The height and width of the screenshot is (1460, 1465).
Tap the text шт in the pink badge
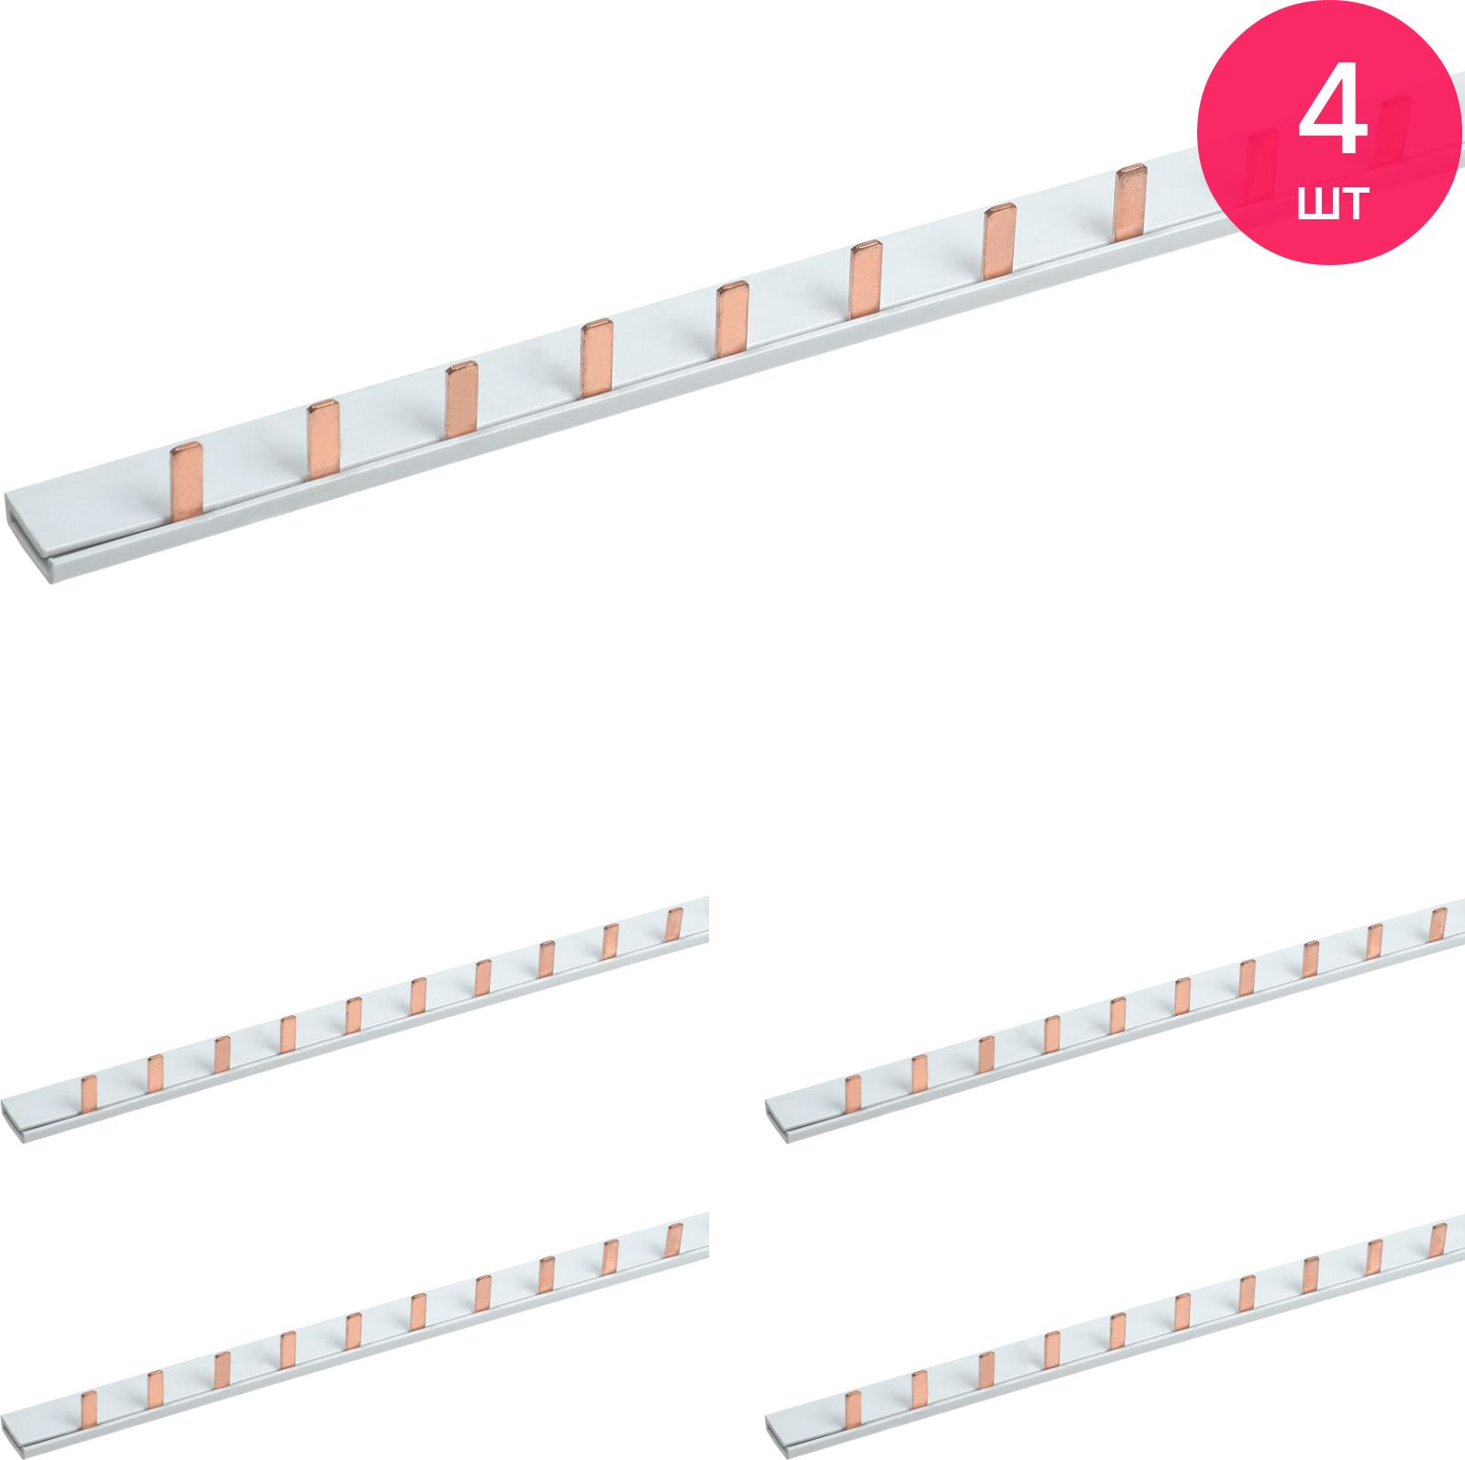tap(1334, 201)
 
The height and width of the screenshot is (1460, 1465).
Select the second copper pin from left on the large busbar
tap(323, 440)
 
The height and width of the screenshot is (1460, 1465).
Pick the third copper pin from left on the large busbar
tap(461, 399)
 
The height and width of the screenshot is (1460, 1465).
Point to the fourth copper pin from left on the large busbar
tap(596, 358)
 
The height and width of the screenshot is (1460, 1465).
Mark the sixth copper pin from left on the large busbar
tap(866, 279)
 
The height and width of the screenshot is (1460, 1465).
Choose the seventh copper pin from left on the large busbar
tap(1000, 240)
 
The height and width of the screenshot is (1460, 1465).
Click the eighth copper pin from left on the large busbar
tap(1130, 203)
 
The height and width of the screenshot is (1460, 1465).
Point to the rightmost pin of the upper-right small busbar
tap(1438, 924)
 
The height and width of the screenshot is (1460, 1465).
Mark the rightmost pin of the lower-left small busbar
tap(675, 1241)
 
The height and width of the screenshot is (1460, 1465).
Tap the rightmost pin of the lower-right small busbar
tap(1438, 1241)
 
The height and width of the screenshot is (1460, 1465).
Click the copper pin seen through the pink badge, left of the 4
tap(1262, 166)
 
